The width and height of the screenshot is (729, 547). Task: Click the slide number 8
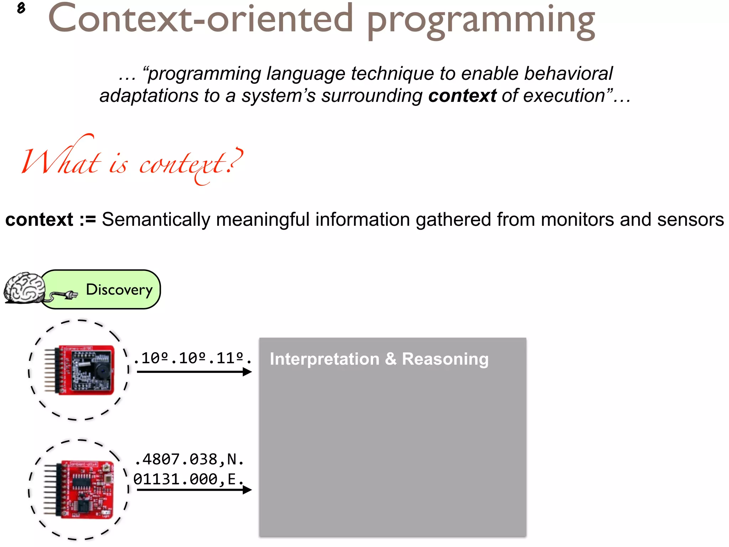pos(21,8)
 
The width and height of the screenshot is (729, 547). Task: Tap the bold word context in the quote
pos(462,96)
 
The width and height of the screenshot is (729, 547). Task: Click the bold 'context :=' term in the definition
pos(51,219)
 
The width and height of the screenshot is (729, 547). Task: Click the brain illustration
pos(24,288)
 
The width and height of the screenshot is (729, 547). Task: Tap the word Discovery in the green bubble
pos(119,290)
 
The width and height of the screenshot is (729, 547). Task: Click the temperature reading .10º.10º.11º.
pos(193,358)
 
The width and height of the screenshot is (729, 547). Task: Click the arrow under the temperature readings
pos(194,372)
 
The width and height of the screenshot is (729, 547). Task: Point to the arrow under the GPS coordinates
pos(194,490)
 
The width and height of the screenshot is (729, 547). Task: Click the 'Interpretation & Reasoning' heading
pos(379,359)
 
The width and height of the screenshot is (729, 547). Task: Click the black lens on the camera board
pos(101,372)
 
